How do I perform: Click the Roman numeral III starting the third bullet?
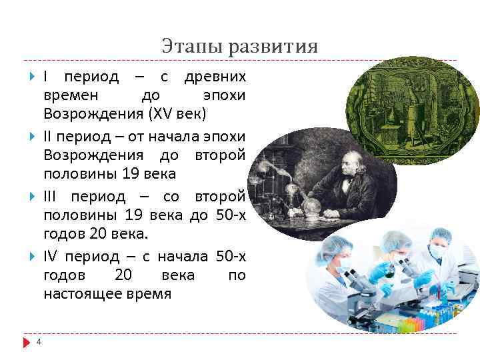pyautogui.click(x=51, y=198)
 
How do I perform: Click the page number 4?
pyautogui.click(x=39, y=342)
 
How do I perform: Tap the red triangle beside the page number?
pyautogui.click(x=27, y=342)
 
